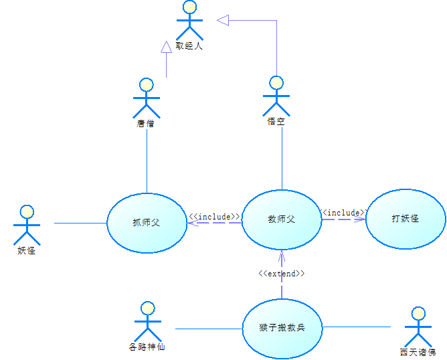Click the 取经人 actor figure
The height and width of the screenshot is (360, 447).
coord(189,21)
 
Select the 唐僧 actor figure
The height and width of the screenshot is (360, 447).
coord(147,98)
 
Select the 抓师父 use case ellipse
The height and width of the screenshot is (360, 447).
coord(147,222)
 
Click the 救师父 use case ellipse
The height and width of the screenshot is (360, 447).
coord(282,219)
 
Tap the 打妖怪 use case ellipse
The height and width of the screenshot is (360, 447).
coord(406,218)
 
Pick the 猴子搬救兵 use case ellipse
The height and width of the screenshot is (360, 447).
coord(282,328)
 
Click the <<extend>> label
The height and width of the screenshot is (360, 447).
coord(282,273)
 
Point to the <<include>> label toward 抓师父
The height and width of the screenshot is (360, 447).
coord(214,217)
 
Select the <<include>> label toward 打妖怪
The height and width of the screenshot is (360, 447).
coord(343,212)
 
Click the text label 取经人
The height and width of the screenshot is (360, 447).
coord(189,47)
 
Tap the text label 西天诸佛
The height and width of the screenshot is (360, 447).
coord(418,352)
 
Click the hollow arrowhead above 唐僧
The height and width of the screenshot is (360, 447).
coord(167,47)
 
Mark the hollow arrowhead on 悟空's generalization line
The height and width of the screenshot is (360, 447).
coord(223,21)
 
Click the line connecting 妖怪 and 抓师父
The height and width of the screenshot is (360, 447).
coord(80,223)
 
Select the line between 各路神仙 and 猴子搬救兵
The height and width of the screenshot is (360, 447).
coord(207,329)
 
